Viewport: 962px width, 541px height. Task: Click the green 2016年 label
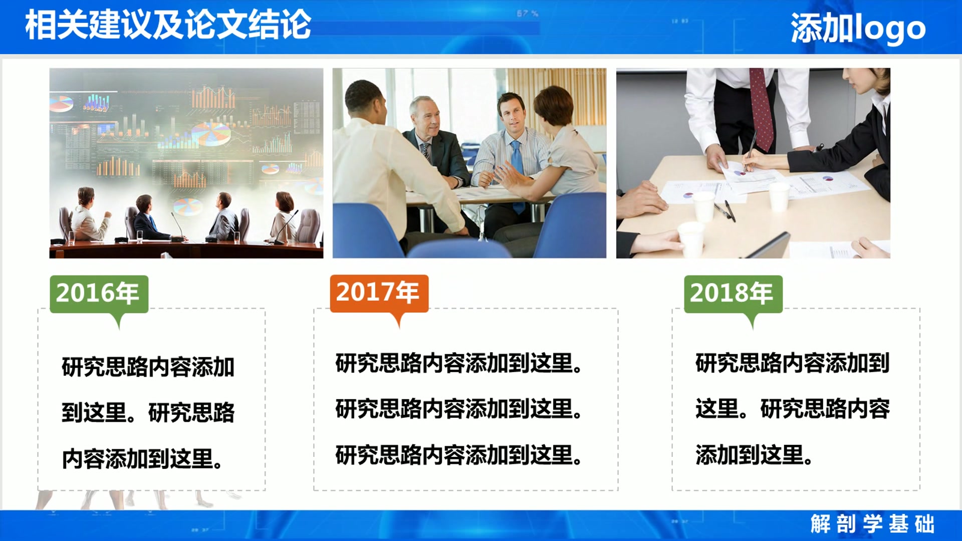click(x=99, y=294)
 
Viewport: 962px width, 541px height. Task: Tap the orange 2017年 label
click(x=379, y=293)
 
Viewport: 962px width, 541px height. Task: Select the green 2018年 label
click(x=733, y=294)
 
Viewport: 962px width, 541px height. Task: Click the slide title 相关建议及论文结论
click(x=168, y=25)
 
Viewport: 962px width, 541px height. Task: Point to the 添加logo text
click(x=858, y=29)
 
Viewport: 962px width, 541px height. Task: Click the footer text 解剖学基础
click(x=872, y=524)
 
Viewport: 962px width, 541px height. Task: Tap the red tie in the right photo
click(x=762, y=110)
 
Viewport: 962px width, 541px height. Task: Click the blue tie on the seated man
click(x=517, y=160)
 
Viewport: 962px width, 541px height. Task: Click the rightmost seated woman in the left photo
click(x=285, y=215)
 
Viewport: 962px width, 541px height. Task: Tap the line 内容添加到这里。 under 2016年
click(x=142, y=459)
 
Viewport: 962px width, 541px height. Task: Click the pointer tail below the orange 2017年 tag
click(x=399, y=321)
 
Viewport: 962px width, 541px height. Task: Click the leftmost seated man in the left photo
click(x=88, y=215)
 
